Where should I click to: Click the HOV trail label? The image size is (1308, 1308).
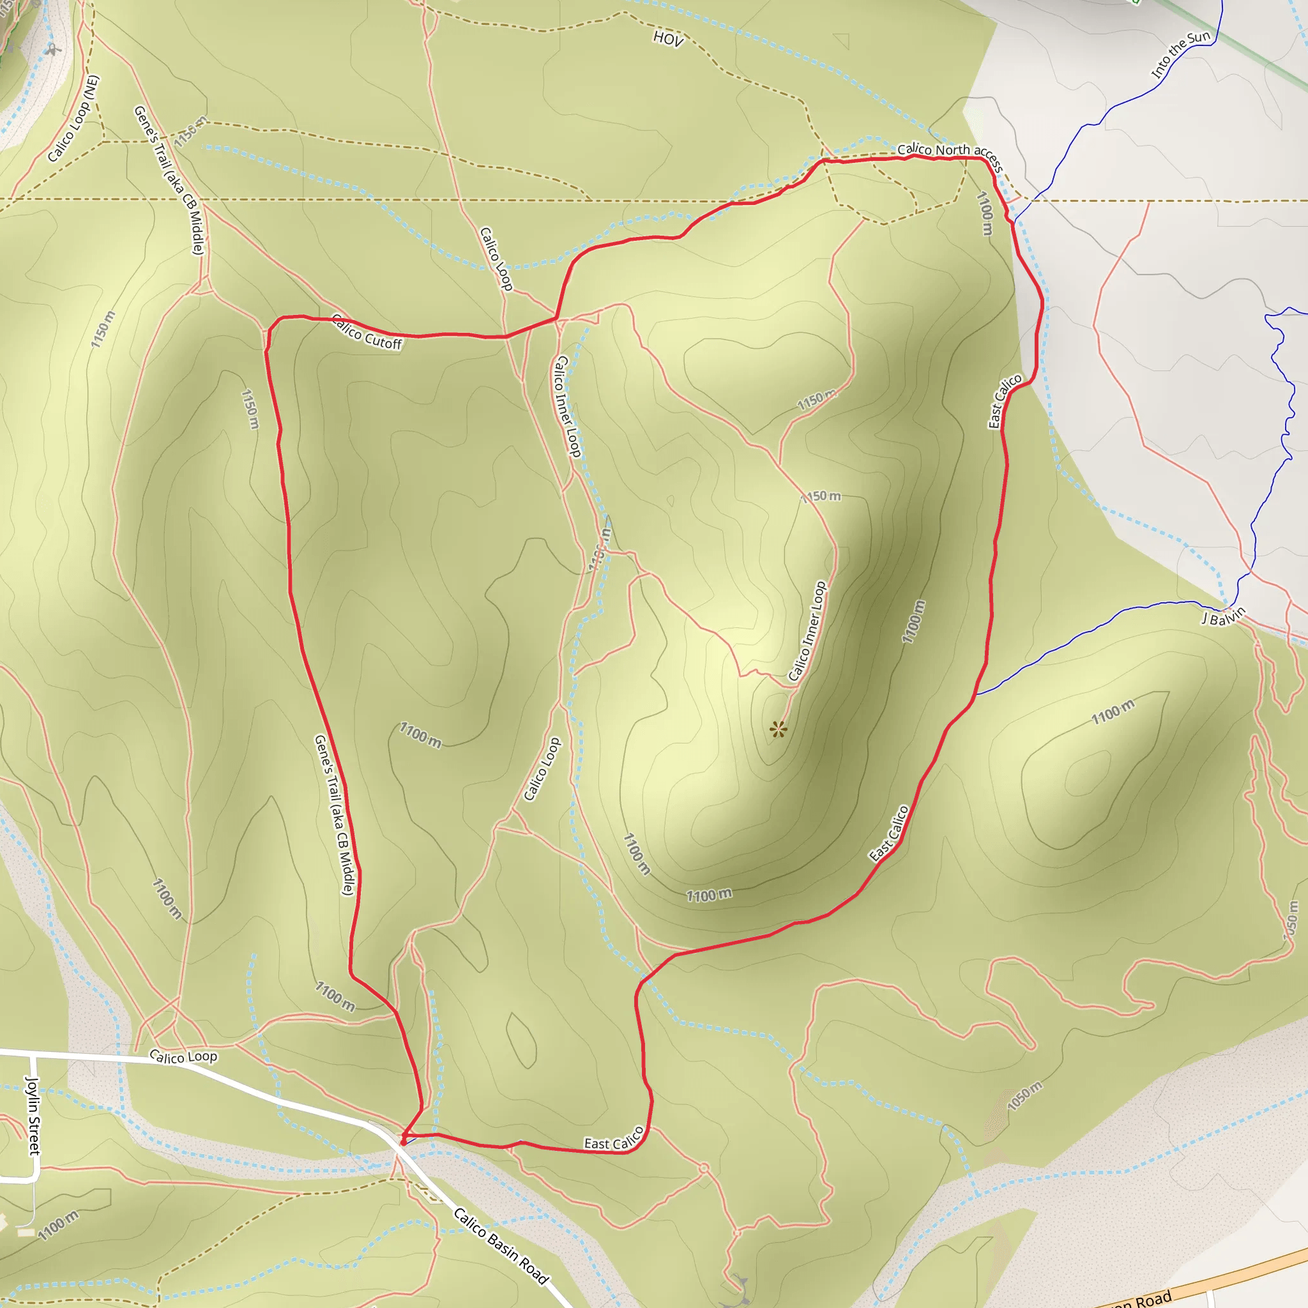click(668, 38)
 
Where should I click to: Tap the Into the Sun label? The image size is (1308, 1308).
click(1180, 54)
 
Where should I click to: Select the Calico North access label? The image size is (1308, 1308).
click(949, 155)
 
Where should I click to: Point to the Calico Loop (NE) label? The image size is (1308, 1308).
click(73, 119)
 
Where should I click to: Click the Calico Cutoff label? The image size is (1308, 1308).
click(367, 332)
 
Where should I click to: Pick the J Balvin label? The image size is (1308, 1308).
click(1223, 616)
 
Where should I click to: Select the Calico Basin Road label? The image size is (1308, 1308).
click(500, 1245)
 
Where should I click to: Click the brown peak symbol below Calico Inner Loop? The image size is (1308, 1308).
click(779, 729)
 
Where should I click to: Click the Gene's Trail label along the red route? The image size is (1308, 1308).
click(334, 815)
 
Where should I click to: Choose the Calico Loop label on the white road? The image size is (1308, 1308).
click(183, 1057)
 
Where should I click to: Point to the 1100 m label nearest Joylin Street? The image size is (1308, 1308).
click(58, 1225)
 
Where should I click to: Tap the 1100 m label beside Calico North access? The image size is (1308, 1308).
click(985, 213)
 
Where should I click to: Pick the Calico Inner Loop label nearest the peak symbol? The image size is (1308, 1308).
click(807, 631)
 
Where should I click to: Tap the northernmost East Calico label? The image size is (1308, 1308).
click(1005, 402)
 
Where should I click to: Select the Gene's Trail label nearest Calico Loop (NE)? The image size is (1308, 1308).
click(169, 180)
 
